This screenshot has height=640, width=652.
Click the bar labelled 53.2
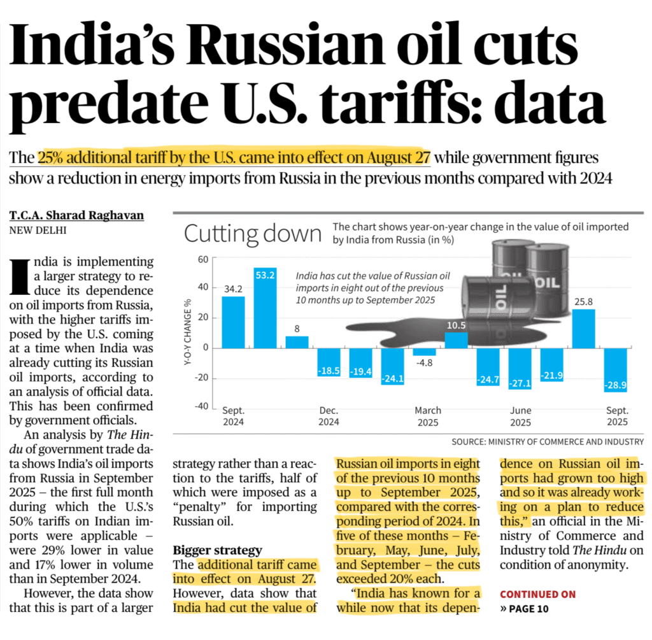click(265, 308)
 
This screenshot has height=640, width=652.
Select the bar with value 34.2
click(233, 322)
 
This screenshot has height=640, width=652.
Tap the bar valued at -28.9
click(615, 370)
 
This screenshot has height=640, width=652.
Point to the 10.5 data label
click(455, 325)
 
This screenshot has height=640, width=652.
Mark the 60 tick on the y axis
click(203, 260)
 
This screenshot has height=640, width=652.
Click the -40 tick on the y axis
click(202, 407)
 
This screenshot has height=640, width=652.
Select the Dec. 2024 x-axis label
click(329, 416)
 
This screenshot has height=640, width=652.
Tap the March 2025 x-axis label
click(427, 416)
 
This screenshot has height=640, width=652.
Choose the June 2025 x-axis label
click(521, 416)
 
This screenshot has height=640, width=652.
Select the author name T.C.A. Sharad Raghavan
click(76, 216)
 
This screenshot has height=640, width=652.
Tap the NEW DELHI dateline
click(38, 231)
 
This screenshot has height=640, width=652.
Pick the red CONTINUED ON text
click(537, 594)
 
